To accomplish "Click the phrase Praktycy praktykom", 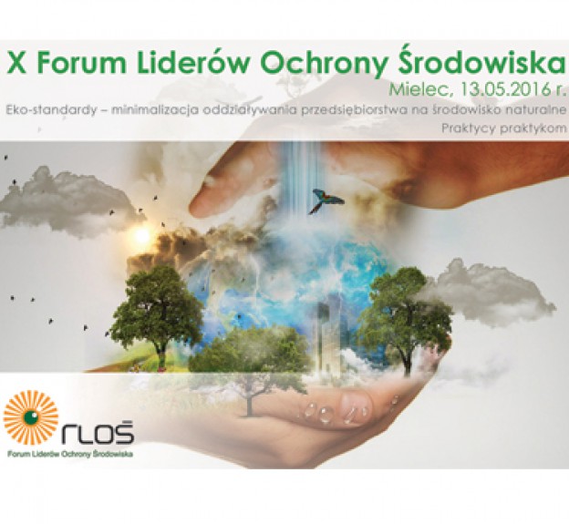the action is coord(504,128).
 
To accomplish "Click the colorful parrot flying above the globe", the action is coord(326,200).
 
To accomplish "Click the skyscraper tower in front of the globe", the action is coord(327,333).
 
